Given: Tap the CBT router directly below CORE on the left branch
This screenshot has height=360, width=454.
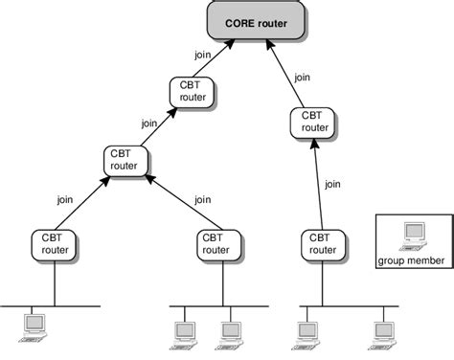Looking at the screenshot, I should [191, 92].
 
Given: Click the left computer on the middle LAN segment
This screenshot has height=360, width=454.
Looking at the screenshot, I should [185, 329].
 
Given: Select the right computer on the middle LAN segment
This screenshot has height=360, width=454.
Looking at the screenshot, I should [229, 329].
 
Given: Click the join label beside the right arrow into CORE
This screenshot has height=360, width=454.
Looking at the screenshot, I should [302, 78].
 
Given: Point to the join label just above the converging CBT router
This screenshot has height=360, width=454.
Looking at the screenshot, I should [148, 123].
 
